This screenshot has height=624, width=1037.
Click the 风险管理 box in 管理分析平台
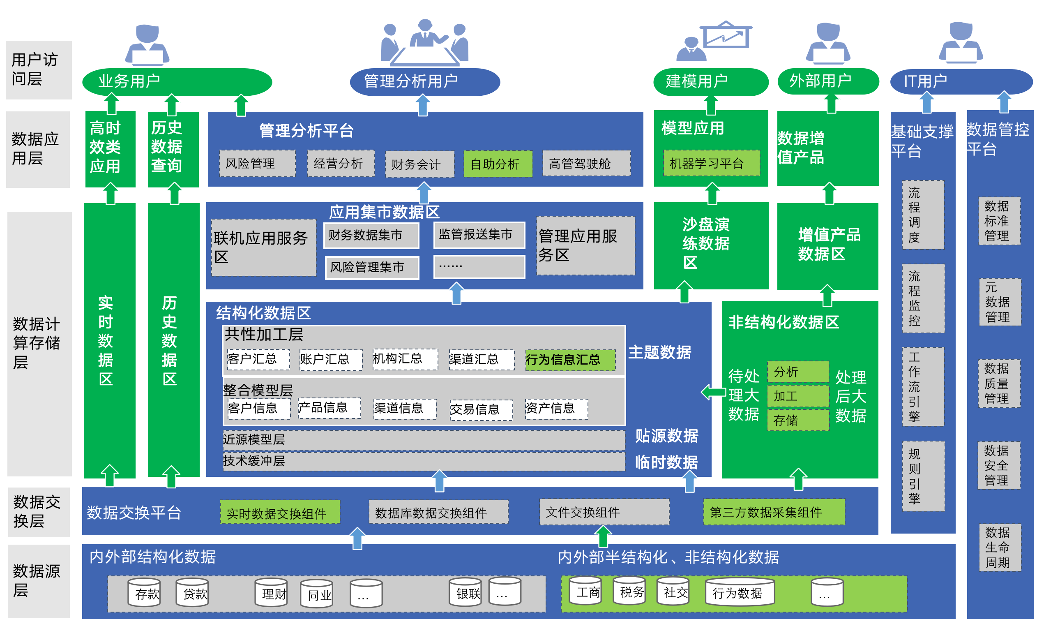pyautogui.click(x=257, y=163)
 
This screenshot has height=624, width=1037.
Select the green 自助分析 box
pyautogui.click(x=498, y=164)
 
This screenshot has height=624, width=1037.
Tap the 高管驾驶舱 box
pyautogui.click(x=586, y=163)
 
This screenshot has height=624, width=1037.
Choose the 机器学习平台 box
pyautogui.click(x=711, y=163)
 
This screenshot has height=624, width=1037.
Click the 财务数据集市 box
pyautogui.click(x=371, y=235)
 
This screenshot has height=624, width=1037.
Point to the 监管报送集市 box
pyautogui.click(x=479, y=235)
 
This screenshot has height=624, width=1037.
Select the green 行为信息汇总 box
pyautogui.click(x=570, y=360)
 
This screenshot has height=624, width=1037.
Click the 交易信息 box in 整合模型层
pyautogui.click(x=481, y=409)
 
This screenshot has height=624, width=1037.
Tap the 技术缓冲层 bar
pyautogui.click(x=423, y=461)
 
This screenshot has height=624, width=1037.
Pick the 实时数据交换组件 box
pyautogui.click(x=280, y=512)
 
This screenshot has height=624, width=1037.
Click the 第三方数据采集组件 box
pyautogui.click(x=774, y=512)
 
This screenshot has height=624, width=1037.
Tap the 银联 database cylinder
pyautogui.click(x=465, y=592)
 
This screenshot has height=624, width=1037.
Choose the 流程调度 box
pyautogui.click(x=922, y=215)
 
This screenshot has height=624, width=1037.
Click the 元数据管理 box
pyautogui.click(x=1000, y=302)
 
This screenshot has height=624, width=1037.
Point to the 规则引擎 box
pyautogui.click(x=923, y=476)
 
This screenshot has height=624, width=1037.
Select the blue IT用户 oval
pyautogui.click(x=961, y=81)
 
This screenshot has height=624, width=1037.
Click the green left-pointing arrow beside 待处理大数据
pyautogui.click(x=713, y=392)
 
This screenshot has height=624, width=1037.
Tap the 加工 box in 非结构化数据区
pyautogui.click(x=797, y=396)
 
